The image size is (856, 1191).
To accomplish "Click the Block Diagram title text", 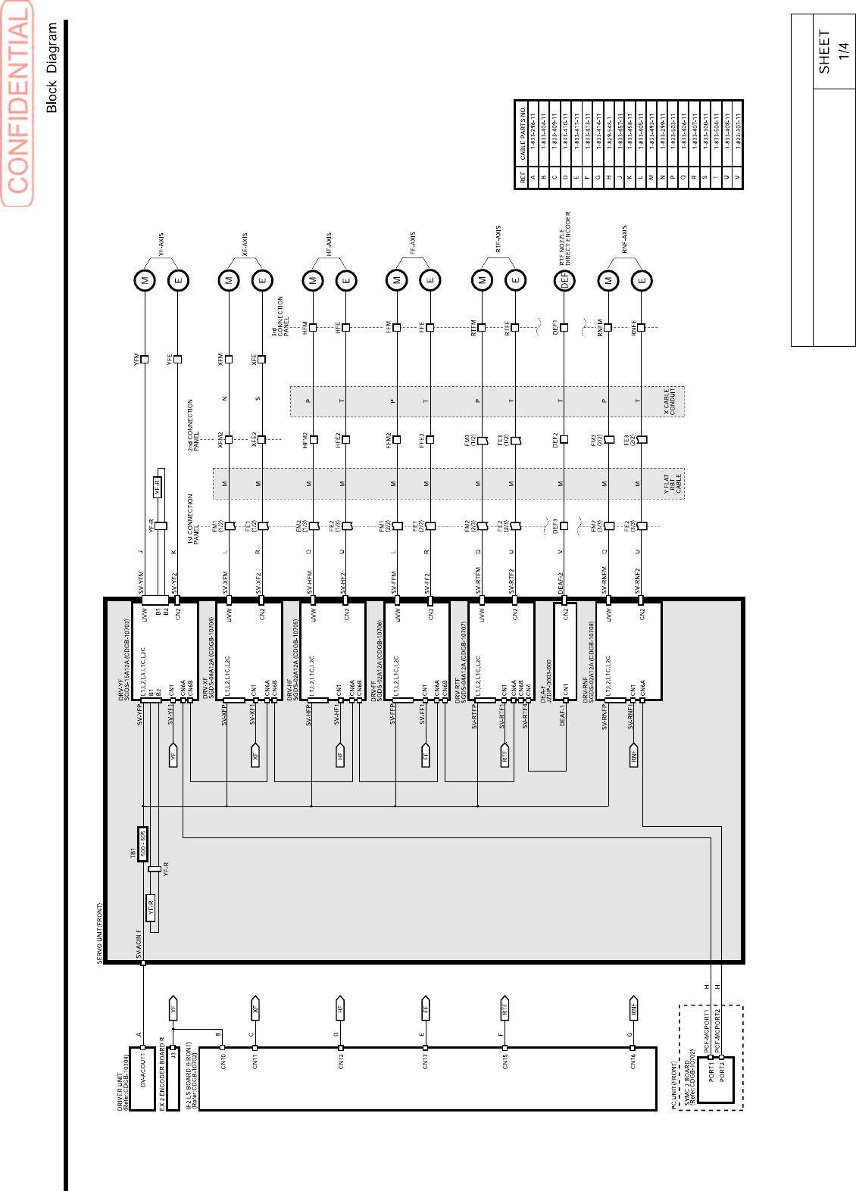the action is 52,67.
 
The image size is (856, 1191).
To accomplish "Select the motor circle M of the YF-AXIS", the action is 145,281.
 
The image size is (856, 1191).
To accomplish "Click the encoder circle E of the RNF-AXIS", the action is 642,281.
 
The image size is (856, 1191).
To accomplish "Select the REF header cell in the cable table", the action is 522,177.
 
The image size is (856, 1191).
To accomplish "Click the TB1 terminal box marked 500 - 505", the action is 142,843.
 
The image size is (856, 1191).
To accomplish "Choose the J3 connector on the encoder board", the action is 173,1053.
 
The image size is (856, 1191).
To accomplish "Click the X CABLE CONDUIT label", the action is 670,402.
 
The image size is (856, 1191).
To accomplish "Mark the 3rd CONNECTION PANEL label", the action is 280,316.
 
